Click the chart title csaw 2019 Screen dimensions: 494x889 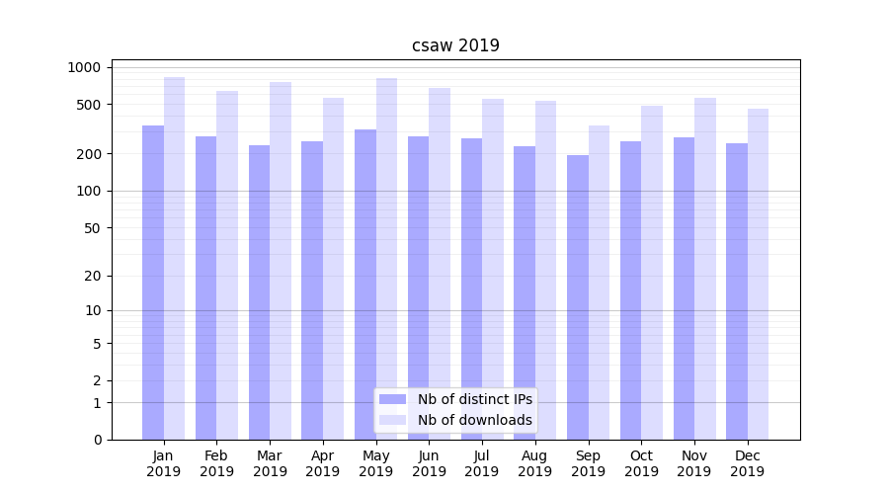[455, 45]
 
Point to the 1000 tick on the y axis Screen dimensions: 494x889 [84, 67]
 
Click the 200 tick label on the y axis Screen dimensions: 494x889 [91, 154]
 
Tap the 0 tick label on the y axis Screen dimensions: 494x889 [98, 440]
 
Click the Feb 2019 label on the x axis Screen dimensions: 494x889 [216, 463]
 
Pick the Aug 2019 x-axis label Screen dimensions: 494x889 [534, 463]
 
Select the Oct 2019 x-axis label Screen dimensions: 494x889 [641, 463]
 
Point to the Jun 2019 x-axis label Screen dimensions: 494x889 [429, 463]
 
